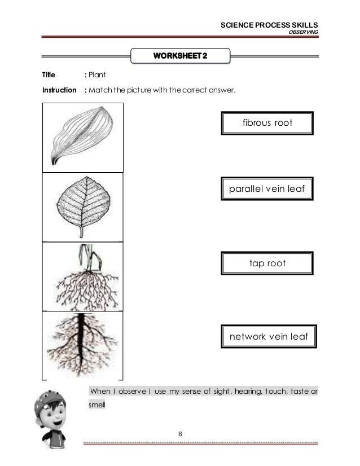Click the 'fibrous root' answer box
(267, 123)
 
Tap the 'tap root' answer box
(267, 263)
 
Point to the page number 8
(179, 434)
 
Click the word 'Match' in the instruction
(98, 90)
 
